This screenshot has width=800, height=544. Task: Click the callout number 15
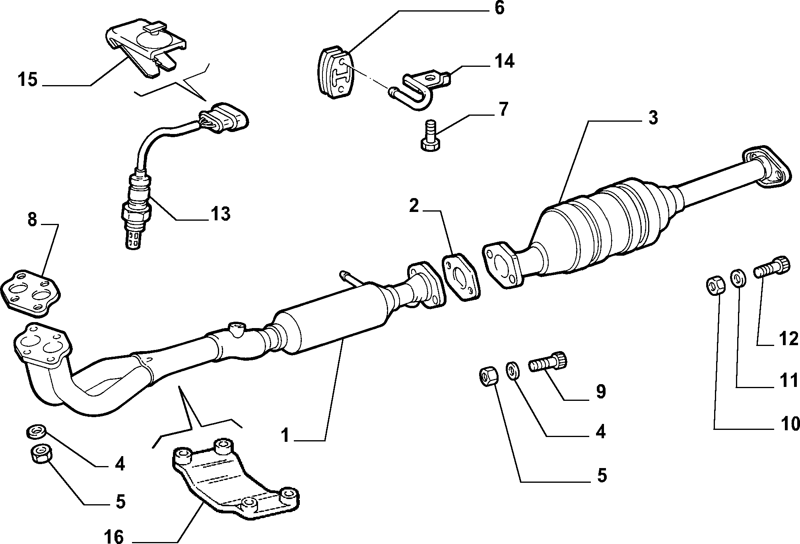pyautogui.click(x=27, y=80)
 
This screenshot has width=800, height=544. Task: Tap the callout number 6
pyautogui.click(x=499, y=8)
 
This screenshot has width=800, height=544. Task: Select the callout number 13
pyautogui.click(x=219, y=214)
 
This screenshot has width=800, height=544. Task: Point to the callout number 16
pyautogui.click(x=114, y=536)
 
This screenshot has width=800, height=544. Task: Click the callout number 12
pyautogui.click(x=788, y=338)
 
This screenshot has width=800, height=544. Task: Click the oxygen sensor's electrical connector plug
pyautogui.click(x=226, y=118)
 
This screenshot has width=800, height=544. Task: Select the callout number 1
pyautogui.click(x=285, y=435)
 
